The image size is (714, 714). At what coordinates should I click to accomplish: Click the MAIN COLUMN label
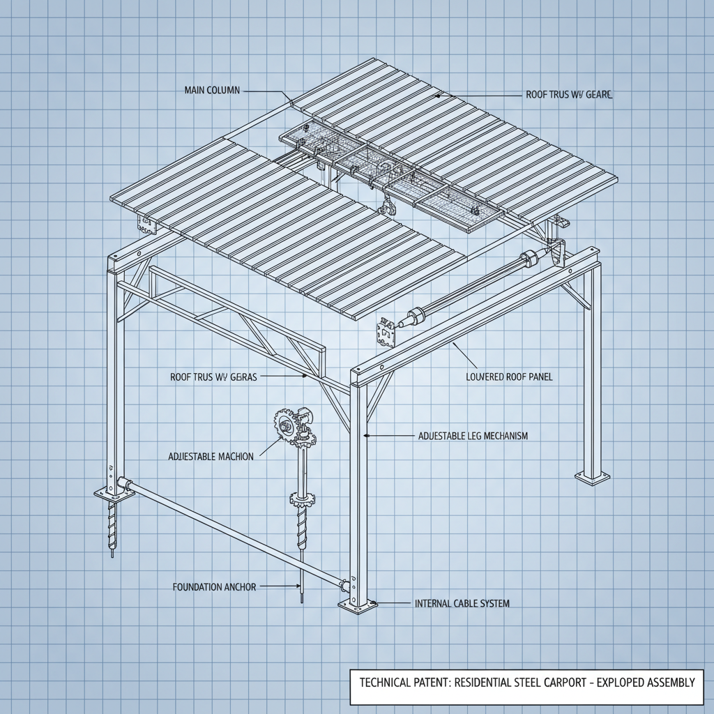(212, 90)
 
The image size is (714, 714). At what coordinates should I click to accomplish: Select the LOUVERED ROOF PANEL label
(509, 377)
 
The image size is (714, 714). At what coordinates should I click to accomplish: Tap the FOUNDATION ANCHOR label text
(214, 587)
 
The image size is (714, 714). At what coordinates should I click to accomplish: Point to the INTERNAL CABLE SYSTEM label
(462, 603)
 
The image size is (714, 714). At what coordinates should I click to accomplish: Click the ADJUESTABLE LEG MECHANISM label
(473, 436)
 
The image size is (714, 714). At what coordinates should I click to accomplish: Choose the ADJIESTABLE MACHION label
(211, 456)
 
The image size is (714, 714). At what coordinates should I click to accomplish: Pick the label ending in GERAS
(213, 377)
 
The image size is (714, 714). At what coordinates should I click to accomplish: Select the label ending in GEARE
(569, 94)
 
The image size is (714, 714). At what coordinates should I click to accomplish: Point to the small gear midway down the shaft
(301, 498)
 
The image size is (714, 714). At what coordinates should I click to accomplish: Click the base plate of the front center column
(357, 605)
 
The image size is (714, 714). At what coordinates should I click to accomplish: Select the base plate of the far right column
(591, 477)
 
